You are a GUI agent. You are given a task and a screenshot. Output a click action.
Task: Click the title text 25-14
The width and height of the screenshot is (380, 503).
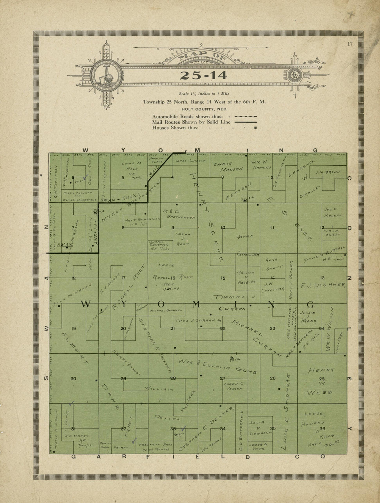(203, 75)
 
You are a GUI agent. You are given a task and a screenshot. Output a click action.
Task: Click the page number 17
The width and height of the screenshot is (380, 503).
(350, 44)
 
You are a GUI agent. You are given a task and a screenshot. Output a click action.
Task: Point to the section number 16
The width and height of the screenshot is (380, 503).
(173, 278)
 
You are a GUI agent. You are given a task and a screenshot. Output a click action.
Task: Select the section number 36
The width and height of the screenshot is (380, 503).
(322, 429)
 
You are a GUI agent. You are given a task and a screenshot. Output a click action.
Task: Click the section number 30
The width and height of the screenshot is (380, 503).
(73, 379)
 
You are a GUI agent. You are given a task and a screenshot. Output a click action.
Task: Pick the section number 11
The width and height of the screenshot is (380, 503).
(272, 227)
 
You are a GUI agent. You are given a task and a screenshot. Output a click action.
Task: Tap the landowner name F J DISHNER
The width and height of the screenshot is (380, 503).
(323, 285)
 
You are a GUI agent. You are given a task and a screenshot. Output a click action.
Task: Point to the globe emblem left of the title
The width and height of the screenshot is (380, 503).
(106, 76)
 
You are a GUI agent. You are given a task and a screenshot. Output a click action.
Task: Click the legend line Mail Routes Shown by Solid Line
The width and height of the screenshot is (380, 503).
(191, 122)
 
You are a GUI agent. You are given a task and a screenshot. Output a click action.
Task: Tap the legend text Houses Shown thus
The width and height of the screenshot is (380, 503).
(175, 128)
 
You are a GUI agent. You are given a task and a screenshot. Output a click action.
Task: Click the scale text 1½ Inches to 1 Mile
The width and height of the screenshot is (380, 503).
(204, 94)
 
